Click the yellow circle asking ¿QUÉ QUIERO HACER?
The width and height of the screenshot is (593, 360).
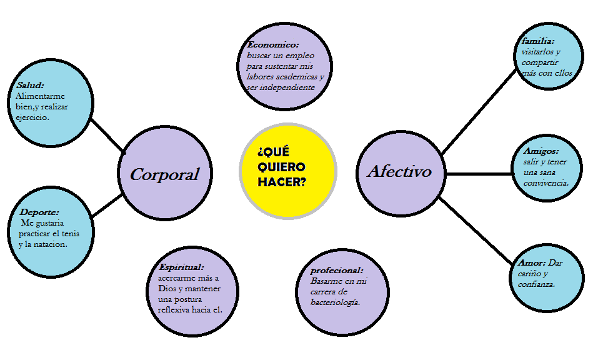click(x=288, y=170)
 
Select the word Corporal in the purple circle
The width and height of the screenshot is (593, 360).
click(x=164, y=174)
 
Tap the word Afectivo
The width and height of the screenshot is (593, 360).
click(x=399, y=171)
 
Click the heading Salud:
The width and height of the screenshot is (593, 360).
click(x=30, y=85)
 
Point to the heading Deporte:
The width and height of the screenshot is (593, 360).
click(x=39, y=212)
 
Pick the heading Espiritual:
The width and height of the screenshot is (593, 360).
click(x=181, y=267)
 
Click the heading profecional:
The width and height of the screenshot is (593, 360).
click(x=336, y=271)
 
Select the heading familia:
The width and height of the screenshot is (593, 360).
click(x=538, y=41)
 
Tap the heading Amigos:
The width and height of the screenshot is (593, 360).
click(x=541, y=151)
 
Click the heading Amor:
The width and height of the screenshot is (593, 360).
click(x=531, y=263)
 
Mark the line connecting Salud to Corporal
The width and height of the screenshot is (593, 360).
click(x=108, y=134)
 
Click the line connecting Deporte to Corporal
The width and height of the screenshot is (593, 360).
click(x=107, y=206)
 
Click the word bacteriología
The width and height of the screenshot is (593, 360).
click(x=335, y=302)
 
